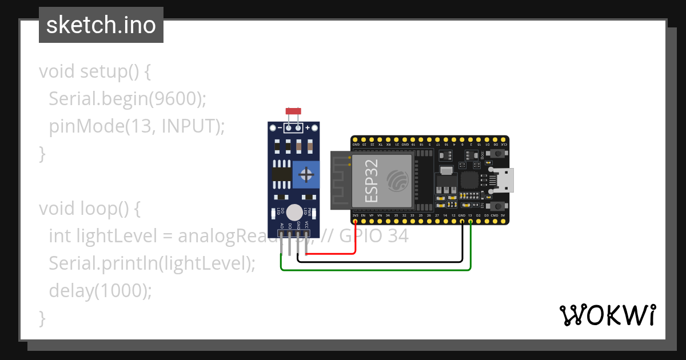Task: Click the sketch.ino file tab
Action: (101, 25)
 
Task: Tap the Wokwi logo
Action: (607, 315)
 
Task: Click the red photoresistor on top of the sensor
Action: (293, 110)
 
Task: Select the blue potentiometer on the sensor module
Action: (306, 174)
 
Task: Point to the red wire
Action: (356, 240)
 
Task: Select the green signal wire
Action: (377, 270)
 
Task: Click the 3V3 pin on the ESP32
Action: (356, 221)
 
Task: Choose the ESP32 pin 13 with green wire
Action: (470, 221)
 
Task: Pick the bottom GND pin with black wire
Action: (462, 221)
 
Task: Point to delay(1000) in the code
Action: (101, 291)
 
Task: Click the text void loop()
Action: (90, 209)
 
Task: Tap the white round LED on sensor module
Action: (294, 212)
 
